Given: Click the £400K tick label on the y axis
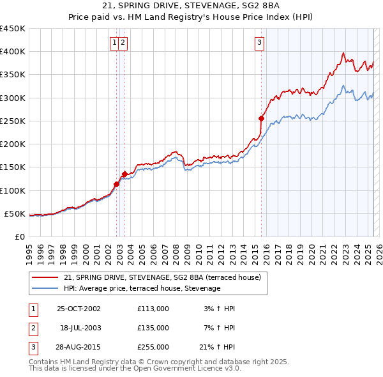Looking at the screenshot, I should click(x=12, y=52).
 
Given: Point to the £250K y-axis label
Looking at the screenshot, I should click(x=12, y=121).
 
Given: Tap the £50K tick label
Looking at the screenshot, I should click(x=15, y=213).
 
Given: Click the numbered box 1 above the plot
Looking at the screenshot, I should click(x=114, y=43).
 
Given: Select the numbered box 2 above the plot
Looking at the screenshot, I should click(x=123, y=43).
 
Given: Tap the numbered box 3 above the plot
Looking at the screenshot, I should click(x=260, y=43).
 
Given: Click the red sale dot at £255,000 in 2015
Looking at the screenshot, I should click(x=261, y=118).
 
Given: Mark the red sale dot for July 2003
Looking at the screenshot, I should click(x=124, y=174).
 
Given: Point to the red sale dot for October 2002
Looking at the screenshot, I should click(x=116, y=184).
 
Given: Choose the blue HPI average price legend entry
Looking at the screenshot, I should click(x=142, y=288).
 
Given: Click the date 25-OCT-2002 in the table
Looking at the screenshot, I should click(x=79, y=309).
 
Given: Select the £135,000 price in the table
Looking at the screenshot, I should click(x=153, y=328).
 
